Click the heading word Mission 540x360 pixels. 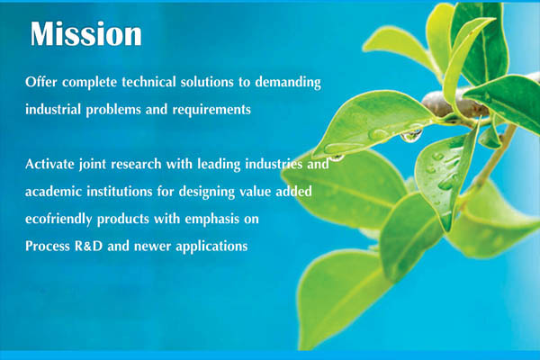(86, 34)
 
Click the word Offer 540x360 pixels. (41, 82)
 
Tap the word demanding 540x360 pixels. (288, 83)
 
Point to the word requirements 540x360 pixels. (211, 110)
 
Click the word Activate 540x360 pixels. (49, 164)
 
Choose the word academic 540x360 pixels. (53, 191)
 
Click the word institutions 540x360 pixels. (119, 191)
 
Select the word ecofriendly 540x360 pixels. (58, 220)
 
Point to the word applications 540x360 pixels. (211, 247)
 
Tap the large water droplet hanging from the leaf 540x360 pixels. (411, 135)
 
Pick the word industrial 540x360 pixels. (53, 110)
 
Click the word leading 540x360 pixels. (219, 165)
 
